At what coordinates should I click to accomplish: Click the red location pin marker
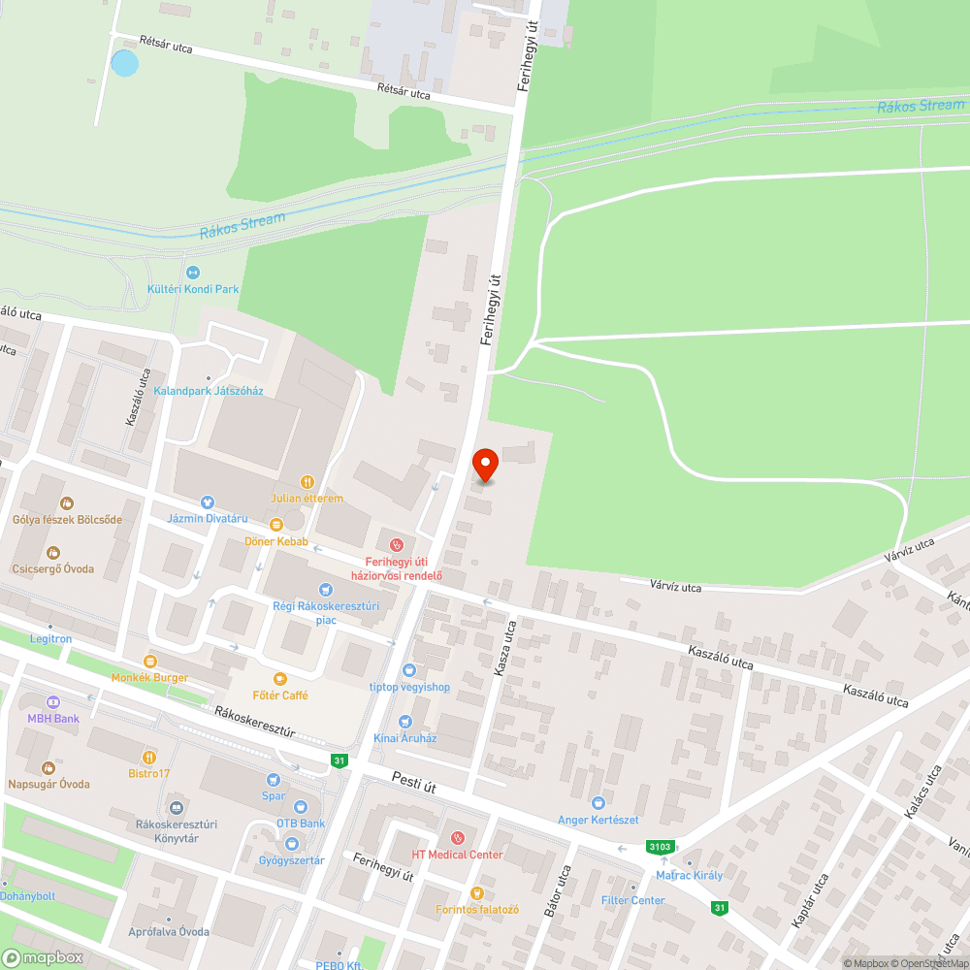click(485, 465)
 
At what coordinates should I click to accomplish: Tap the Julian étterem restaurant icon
click(307, 481)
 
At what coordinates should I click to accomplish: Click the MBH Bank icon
click(52, 701)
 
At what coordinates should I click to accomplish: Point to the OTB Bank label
click(301, 824)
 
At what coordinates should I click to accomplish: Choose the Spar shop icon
click(274, 778)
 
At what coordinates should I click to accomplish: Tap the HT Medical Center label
click(458, 855)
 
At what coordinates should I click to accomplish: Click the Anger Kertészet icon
click(598, 802)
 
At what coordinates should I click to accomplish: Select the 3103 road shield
click(660, 847)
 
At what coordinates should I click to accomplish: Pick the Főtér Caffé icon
click(280, 678)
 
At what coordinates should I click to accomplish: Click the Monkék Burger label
click(150, 677)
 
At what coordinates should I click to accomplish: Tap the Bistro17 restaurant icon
click(149, 756)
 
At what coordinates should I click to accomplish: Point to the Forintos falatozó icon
click(476, 892)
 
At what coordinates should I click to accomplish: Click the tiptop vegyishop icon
click(409, 669)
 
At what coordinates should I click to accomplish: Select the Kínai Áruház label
click(405, 738)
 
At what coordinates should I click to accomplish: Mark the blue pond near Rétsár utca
click(124, 64)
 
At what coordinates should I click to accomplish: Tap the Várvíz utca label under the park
click(675, 587)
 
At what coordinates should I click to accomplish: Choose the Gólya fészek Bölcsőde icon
click(67, 502)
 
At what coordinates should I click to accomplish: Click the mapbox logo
click(44, 957)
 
